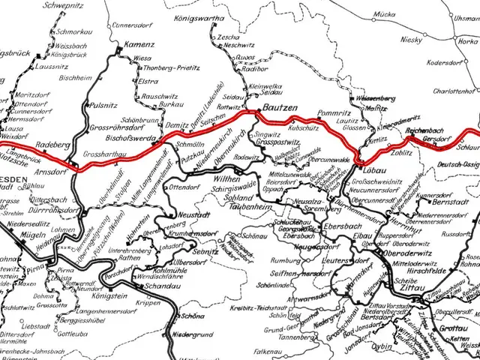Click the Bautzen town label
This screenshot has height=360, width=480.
click(279, 109)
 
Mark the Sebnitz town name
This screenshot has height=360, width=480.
click(204, 252)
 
